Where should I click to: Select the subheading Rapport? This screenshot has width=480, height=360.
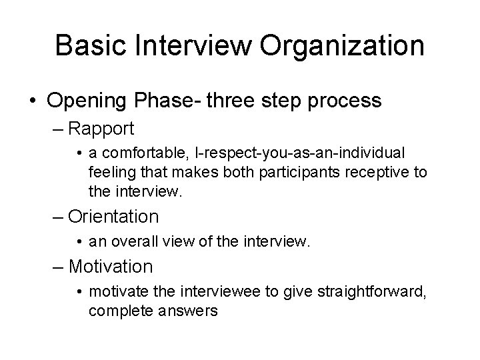click(101, 127)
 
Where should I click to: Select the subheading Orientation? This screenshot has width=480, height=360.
click(113, 216)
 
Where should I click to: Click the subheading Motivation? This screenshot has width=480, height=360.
click(111, 267)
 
